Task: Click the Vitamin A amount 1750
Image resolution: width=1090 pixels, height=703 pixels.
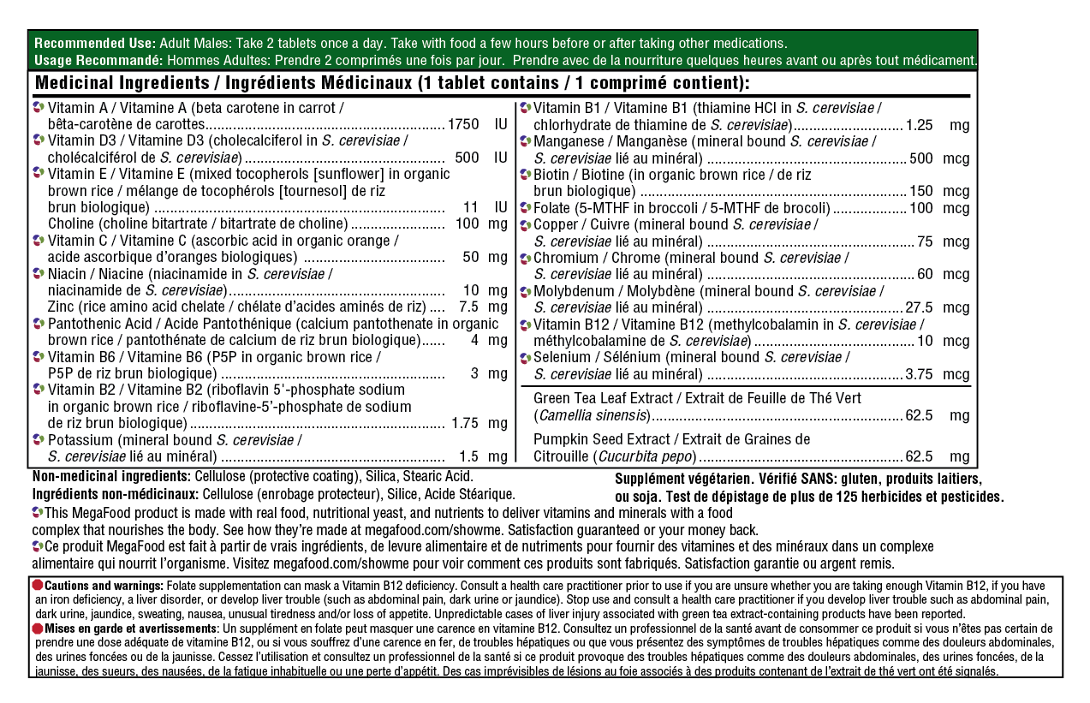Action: pos(463,124)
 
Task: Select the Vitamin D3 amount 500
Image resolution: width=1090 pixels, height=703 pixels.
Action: pos(467,158)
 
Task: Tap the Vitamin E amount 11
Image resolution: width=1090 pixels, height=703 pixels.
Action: pos(470,207)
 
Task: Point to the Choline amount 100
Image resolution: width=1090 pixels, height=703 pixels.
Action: pos(467,223)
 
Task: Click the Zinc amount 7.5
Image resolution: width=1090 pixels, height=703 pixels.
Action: pos(468,307)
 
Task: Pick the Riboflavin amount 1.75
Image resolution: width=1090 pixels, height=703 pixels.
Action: pos(465,423)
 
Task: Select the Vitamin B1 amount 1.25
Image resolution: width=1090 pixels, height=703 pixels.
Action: pos(919,125)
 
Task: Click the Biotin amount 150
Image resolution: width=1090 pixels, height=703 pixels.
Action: pos(920,191)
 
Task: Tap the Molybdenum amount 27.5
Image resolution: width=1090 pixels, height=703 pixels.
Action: pos(918,307)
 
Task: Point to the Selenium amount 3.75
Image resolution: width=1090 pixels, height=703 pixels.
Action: pos(919,374)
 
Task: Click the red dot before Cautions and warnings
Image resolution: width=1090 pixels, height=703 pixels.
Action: pos(38,584)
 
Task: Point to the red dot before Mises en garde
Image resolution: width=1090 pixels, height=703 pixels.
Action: pos(38,628)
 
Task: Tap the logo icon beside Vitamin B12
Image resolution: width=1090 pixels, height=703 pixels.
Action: pos(527,325)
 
